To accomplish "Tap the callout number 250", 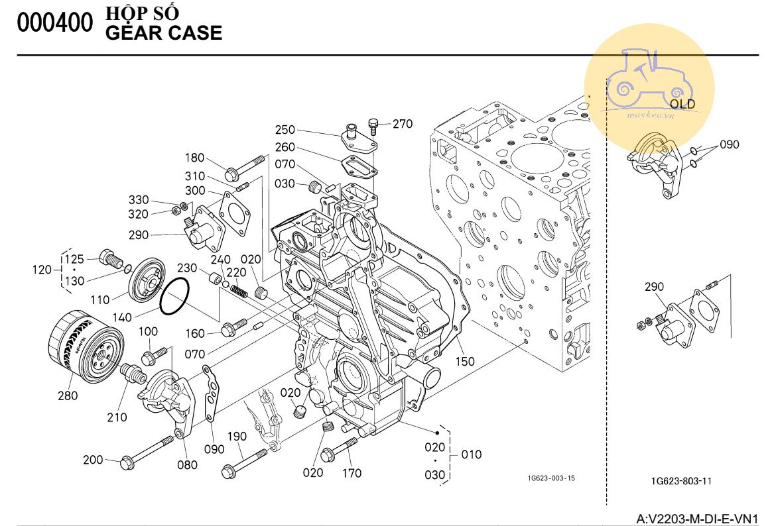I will (285, 130).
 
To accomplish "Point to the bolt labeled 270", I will (373, 124).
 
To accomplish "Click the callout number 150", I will (465, 361).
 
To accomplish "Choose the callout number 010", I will (472, 455).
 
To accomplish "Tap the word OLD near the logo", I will (682, 104).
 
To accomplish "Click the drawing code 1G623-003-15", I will (551, 478).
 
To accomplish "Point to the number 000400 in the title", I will (55, 23).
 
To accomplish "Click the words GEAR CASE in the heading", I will (164, 33).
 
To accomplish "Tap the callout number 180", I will (194, 158).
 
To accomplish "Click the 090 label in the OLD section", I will (729, 145).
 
